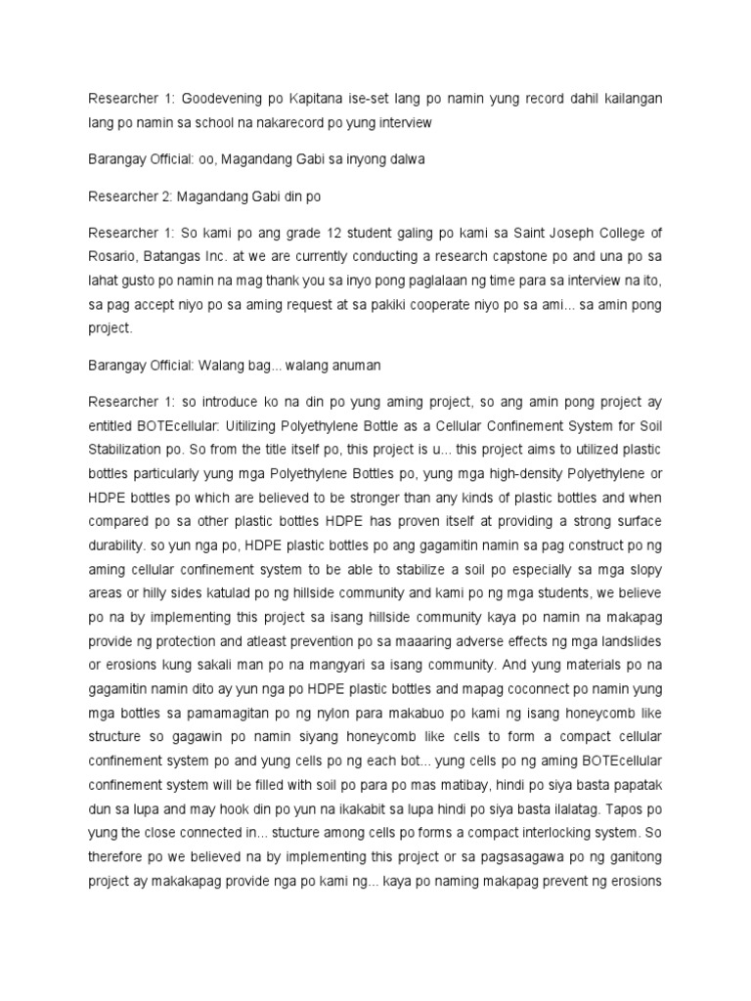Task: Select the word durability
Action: (120, 544)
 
